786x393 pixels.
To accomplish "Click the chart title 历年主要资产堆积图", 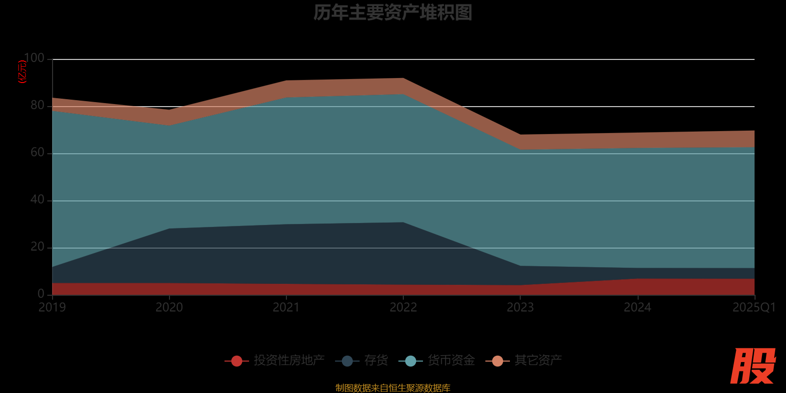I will (x=393, y=12).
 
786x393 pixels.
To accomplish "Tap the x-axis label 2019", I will (x=53, y=308).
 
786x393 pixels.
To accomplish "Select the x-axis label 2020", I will (x=169, y=308).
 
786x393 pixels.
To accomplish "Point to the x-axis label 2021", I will (x=286, y=308).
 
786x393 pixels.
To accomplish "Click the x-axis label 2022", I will (x=403, y=308).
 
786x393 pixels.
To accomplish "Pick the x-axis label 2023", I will (x=520, y=308).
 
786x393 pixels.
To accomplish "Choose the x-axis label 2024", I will (x=638, y=308).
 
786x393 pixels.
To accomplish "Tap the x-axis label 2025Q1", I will (x=754, y=308).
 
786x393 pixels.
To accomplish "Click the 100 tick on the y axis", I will (x=34, y=58).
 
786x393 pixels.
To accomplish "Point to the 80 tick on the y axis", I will (x=37, y=106).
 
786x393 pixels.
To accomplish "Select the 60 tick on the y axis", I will (x=37, y=153).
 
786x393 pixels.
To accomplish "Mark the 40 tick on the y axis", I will (x=37, y=200).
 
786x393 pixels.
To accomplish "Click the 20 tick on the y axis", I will (x=37, y=247).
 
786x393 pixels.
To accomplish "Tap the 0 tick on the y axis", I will (x=41, y=294).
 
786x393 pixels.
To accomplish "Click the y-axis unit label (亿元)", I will (x=22, y=72).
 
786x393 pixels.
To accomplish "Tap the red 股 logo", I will (x=753, y=366).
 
